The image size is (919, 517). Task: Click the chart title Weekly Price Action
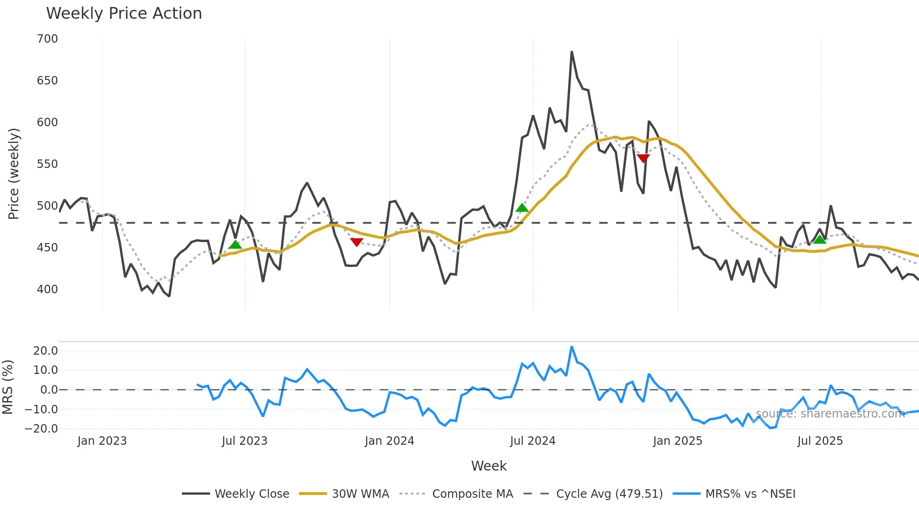(x=124, y=14)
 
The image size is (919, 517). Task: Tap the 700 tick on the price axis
(x=47, y=39)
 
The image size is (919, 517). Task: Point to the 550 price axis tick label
(x=47, y=164)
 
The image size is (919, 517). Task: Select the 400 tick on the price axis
(x=47, y=289)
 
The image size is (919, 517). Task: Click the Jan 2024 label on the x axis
(x=389, y=441)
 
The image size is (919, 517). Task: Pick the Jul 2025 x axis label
(x=820, y=441)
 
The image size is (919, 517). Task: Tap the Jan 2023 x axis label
(x=102, y=441)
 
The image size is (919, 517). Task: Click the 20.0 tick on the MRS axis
(x=45, y=351)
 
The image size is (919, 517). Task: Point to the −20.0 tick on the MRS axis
(x=42, y=429)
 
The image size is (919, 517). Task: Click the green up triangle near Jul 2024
(x=522, y=208)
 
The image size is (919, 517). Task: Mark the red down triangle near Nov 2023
(x=357, y=242)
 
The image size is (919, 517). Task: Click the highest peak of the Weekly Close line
(x=572, y=52)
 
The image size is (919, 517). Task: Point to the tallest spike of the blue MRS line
(x=572, y=347)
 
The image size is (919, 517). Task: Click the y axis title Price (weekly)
(x=14, y=174)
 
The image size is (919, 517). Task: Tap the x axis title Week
(x=489, y=466)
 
